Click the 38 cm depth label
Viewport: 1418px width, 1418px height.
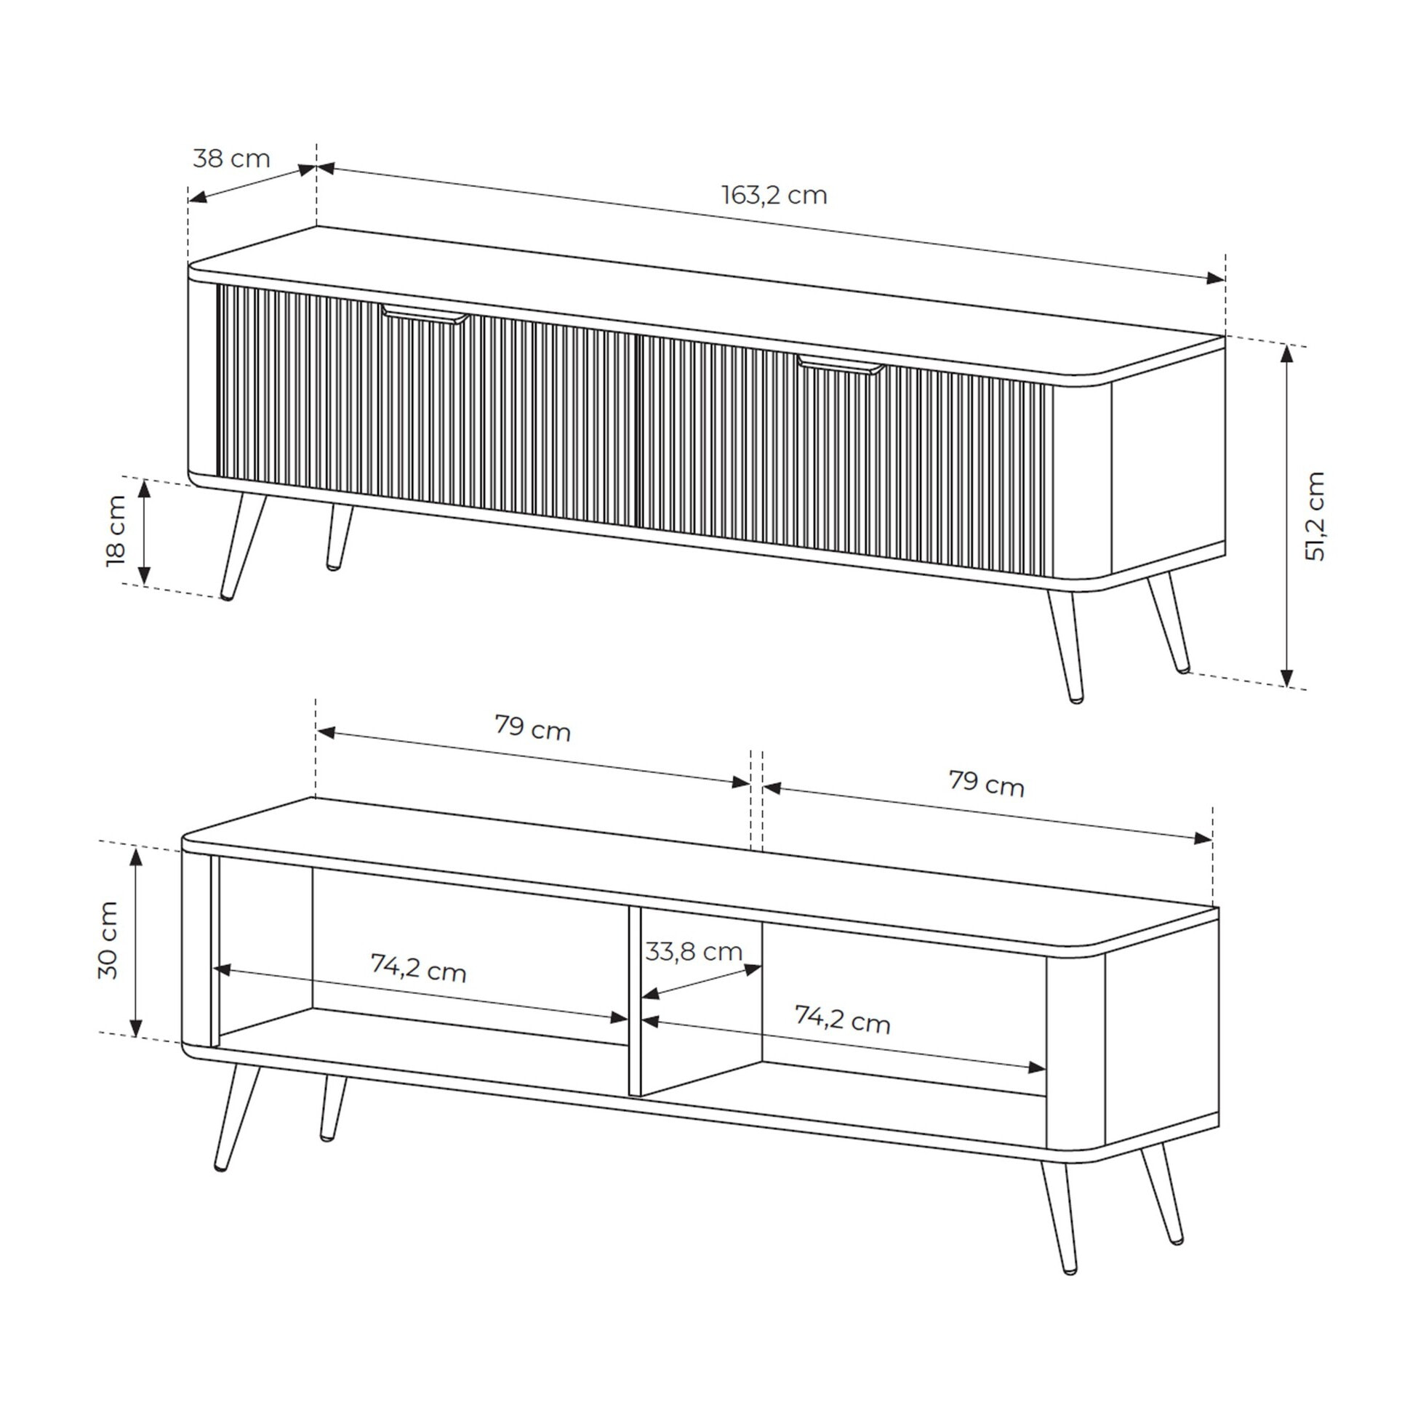pyautogui.click(x=231, y=159)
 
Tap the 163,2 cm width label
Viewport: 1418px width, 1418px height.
pyautogui.click(x=774, y=195)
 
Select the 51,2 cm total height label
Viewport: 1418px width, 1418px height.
pyautogui.click(x=1315, y=517)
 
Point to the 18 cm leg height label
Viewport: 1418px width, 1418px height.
pyautogui.click(x=116, y=531)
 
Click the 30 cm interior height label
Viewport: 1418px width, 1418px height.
pyautogui.click(x=108, y=940)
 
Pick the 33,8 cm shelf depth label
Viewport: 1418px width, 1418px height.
pyautogui.click(x=694, y=952)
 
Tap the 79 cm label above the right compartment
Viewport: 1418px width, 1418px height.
pyautogui.click(x=986, y=783)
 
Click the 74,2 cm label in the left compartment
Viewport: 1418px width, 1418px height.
pyautogui.click(x=418, y=967)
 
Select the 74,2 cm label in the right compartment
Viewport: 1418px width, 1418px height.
pyautogui.click(x=843, y=1020)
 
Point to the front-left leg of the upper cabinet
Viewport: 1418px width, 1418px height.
pyautogui.click(x=242, y=545)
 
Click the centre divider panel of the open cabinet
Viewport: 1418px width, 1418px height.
pyautogui.click(x=635, y=1003)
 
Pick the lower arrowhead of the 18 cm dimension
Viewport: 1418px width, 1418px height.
pyautogui.click(x=144, y=576)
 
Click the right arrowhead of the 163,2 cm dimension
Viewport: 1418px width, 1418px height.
pyautogui.click(x=1215, y=279)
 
